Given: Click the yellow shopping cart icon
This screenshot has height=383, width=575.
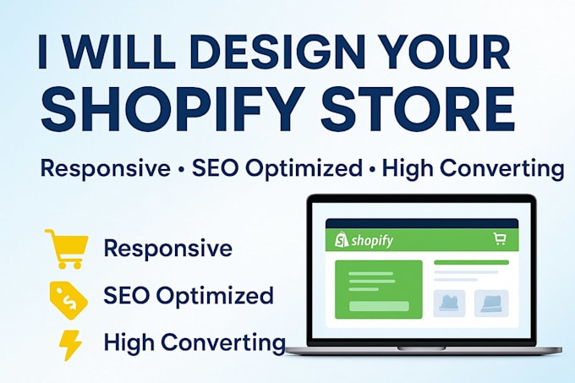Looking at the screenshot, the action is click(x=67, y=249).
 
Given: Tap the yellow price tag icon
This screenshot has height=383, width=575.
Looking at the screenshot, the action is click(x=68, y=300).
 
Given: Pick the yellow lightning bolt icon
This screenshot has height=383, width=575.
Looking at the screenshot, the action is click(x=70, y=345).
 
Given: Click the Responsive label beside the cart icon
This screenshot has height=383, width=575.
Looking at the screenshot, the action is click(x=168, y=249).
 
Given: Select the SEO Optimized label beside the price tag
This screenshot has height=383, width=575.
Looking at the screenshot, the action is click(x=189, y=296).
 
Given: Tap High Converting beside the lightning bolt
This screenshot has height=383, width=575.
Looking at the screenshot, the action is click(x=194, y=342).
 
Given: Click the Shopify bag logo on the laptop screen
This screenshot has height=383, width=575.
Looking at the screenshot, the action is click(x=342, y=240).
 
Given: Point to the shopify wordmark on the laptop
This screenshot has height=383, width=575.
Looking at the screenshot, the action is click(x=372, y=240).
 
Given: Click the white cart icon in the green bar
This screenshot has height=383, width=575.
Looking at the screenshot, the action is click(x=500, y=238).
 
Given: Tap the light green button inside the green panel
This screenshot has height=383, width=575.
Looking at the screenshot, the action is click(x=379, y=306).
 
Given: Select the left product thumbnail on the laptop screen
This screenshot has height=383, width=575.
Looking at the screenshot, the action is click(x=449, y=304).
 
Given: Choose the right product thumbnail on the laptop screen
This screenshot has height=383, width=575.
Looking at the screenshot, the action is click(x=491, y=304).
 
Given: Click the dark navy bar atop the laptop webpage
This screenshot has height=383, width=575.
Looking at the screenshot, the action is click(x=422, y=224).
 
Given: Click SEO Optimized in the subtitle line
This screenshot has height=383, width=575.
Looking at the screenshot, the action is click(x=277, y=169).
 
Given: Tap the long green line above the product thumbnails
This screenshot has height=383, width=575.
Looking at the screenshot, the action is click(x=472, y=262).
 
